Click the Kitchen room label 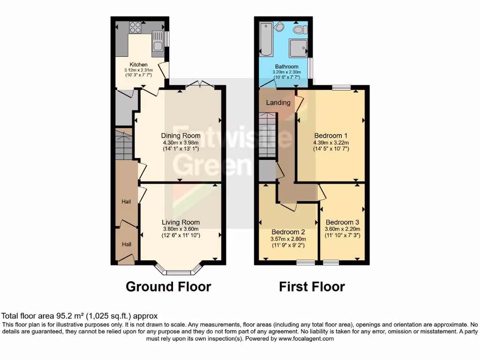click(x=139, y=64)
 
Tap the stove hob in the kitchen click(x=135, y=26)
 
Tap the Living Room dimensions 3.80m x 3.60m click(x=181, y=229)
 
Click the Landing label click(x=278, y=102)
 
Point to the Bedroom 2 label click(x=288, y=232)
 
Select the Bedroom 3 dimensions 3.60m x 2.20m click(x=342, y=229)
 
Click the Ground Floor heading click(x=168, y=286)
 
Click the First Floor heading click(x=312, y=286)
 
